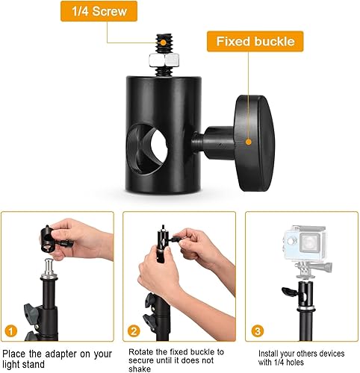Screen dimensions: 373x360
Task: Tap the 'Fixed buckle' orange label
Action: click(255, 41)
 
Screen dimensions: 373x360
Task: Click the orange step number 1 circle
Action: click(10, 329)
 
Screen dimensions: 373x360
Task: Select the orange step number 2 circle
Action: click(133, 329)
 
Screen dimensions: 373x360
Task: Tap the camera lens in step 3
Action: click(296, 243)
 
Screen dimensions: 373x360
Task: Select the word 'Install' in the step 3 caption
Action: click(271, 353)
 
